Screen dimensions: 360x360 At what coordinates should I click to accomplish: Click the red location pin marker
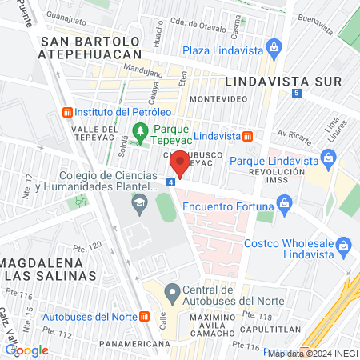(180, 164)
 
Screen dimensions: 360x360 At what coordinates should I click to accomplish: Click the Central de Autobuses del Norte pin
(170, 291)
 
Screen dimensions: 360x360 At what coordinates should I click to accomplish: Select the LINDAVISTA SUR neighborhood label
(283, 82)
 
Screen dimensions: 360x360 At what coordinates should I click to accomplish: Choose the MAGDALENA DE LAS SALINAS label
(50, 269)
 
